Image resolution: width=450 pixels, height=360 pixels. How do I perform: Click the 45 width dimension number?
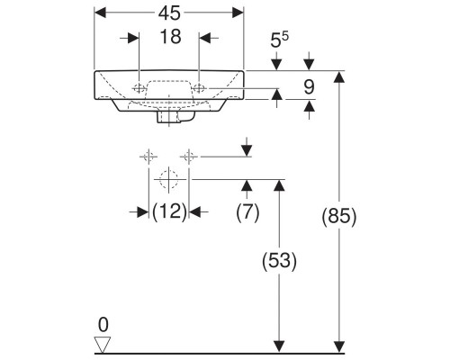168,13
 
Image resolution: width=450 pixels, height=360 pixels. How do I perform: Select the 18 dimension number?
168,38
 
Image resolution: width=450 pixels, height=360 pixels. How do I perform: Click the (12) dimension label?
168,211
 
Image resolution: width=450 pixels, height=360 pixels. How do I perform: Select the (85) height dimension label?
340,216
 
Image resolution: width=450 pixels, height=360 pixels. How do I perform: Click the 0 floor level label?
103,323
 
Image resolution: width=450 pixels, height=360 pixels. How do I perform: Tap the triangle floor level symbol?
104,344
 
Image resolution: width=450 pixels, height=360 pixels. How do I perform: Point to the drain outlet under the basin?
168,116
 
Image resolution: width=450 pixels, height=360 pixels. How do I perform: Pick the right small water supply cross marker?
188,157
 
